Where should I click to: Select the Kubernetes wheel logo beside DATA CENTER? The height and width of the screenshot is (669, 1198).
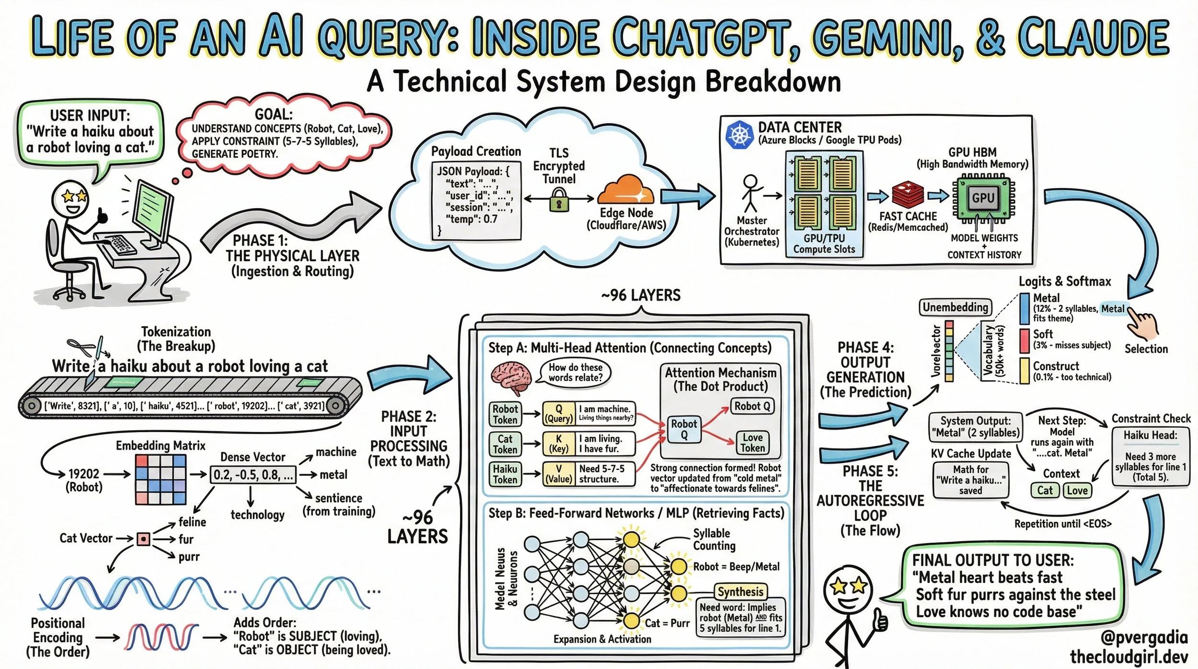pos(739,134)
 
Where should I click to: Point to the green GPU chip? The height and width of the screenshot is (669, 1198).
pos(983,198)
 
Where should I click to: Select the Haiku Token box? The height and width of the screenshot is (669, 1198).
pos(505,474)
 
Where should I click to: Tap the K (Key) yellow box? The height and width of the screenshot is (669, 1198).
pos(558,443)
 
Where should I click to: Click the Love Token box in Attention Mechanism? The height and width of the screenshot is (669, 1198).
pos(752,443)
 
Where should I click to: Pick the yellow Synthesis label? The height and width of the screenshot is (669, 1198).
pos(740,591)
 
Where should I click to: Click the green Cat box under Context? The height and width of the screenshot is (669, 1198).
pos(1045,490)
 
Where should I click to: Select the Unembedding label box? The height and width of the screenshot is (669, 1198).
pos(956,307)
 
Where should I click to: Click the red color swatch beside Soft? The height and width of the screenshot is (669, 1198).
pos(1025,340)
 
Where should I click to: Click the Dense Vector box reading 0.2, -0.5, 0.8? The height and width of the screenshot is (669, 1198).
pos(253,475)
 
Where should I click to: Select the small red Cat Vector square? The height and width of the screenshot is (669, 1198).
pos(143,539)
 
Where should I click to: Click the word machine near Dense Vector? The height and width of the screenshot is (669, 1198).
pos(336,452)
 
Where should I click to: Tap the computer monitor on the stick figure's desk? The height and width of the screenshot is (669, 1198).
pos(152,211)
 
